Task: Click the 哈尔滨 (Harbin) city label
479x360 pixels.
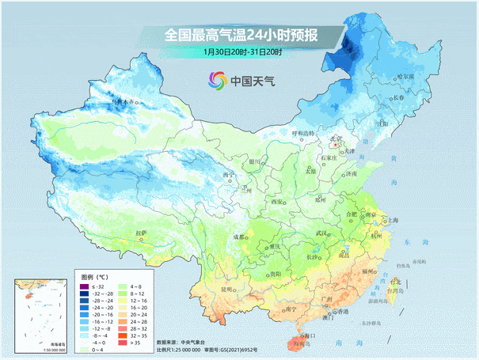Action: point(404,78)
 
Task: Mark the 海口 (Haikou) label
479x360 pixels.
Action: point(310,335)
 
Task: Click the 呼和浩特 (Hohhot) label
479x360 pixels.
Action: point(303,133)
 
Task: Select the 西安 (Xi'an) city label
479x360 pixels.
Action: point(277,203)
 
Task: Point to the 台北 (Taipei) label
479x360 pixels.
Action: point(393,280)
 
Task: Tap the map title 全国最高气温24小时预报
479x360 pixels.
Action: point(241,35)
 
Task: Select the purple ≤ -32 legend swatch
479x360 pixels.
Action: point(89,286)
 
